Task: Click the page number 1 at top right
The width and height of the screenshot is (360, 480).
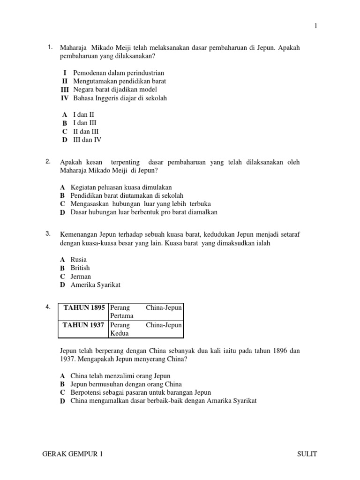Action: pyautogui.click(x=316, y=26)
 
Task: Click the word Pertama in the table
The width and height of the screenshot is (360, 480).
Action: pyautogui.click(x=121, y=316)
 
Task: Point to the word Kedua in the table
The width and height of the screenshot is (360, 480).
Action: pyautogui.click(x=119, y=333)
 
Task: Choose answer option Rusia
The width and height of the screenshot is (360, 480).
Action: pyautogui.click(x=79, y=259)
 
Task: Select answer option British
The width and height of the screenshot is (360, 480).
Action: pyautogui.click(x=80, y=268)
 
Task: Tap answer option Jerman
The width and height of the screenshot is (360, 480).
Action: pyautogui.click(x=81, y=277)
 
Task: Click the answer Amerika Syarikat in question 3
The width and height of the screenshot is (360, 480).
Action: pyautogui.click(x=96, y=285)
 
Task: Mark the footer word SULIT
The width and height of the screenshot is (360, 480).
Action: pyautogui.click(x=307, y=454)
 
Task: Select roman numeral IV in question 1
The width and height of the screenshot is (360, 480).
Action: pyautogui.click(x=65, y=98)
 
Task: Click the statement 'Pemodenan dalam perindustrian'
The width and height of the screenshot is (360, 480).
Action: pyautogui.click(x=119, y=73)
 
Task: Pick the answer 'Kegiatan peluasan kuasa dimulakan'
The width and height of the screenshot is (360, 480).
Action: pyautogui.click(x=121, y=187)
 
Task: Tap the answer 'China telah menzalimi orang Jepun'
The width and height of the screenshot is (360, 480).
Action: pyautogui.click(x=120, y=376)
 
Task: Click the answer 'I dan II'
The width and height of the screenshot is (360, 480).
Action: pyautogui.click(x=84, y=114)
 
